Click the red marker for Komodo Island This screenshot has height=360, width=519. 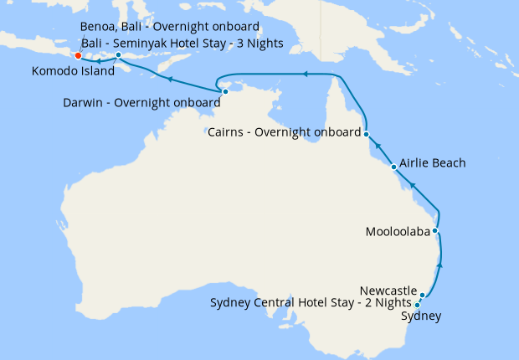78,56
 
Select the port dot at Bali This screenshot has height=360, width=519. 119,55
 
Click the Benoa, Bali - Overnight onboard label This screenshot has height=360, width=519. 170,27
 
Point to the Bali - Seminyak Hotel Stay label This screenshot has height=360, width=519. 182,43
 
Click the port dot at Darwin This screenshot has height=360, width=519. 225,92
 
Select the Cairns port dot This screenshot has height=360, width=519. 366,133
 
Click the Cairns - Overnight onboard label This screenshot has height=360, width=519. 284,132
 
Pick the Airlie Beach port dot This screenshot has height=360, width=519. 394,167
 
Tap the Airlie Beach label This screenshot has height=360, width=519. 433,163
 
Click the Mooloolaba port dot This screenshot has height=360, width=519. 435,230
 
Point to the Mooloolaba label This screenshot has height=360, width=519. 398,230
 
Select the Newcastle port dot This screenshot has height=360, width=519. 423,295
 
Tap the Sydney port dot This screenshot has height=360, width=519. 418,305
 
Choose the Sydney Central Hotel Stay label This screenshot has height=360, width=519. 311,302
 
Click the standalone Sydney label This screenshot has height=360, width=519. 421,316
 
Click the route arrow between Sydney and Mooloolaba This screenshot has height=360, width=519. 440,265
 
